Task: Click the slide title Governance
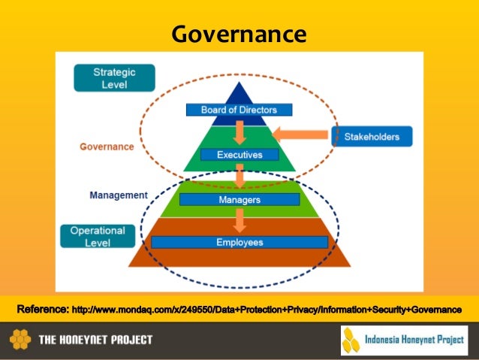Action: point(239,34)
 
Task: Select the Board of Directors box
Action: point(239,110)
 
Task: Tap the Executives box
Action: point(239,155)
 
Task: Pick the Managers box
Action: point(239,200)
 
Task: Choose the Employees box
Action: point(239,242)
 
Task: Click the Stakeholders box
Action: point(372,137)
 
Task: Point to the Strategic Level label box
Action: point(114,78)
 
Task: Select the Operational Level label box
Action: point(98,236)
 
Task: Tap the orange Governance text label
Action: point(107,147)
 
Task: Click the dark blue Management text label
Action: point(119,195)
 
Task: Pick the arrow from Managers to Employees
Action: point(239,220)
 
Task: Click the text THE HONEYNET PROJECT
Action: point(95,340)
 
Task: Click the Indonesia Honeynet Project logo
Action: point(404,340)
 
